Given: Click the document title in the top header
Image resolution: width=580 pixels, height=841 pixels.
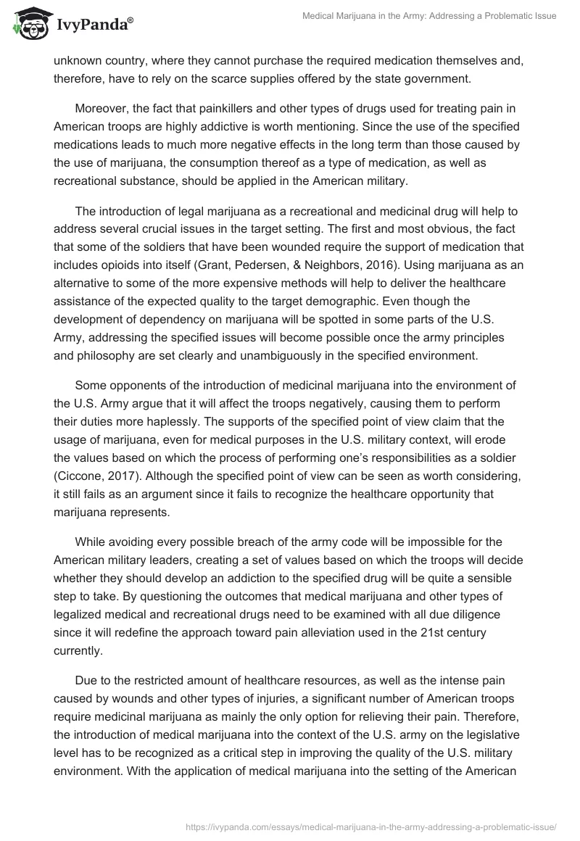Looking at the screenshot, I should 429,15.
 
